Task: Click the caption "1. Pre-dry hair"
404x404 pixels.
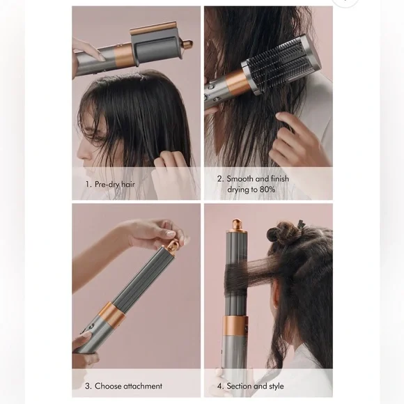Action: (x=109, y=185)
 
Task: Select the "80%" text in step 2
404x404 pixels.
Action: (x=277, y=189)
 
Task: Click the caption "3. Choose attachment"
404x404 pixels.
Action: (x=123, y=386)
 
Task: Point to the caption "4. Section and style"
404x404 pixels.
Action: (x=251, y=386)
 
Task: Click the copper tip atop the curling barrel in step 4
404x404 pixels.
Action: (x=238, y=226)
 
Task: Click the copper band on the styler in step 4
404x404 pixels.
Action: (x=237, y=326)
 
